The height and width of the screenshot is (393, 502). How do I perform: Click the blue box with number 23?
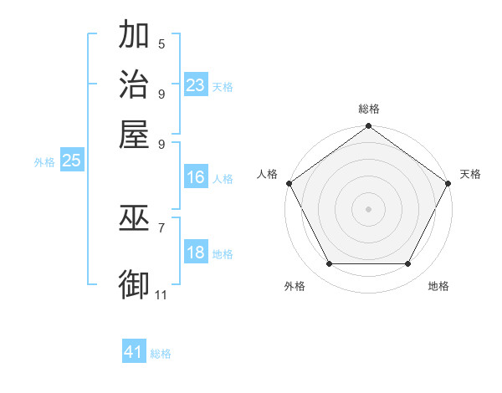click(195, 85)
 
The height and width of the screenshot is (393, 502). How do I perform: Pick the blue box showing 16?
click(195, 177)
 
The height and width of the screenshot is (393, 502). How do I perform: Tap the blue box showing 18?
click(195, 253)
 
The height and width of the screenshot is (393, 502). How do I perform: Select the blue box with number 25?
click(71, 161)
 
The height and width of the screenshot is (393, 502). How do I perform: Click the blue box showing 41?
click(133, 352)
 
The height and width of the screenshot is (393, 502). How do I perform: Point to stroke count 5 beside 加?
click(161, 43)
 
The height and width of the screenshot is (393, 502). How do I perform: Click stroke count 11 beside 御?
click(161, 294)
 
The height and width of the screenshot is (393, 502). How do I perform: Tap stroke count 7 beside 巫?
click(161, 227)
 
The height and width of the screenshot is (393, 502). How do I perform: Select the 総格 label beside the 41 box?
click(161, 354)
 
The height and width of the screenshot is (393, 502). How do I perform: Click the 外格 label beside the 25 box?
click(44, 162)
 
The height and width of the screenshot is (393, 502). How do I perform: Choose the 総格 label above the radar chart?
click(368, 109)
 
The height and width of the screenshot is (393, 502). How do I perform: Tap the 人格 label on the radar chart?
click(268, 174)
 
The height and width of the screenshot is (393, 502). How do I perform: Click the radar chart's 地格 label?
click(438, 286)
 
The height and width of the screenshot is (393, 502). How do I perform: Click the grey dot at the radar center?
click(368, 208)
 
